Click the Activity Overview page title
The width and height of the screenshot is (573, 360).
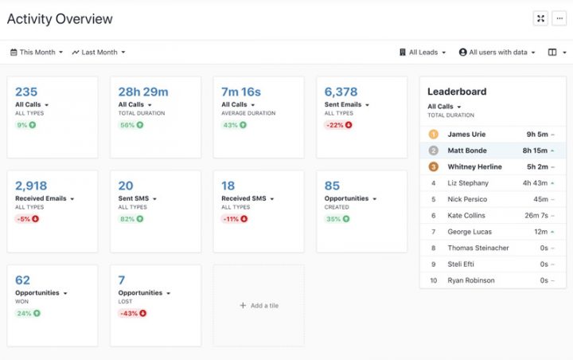point(60,19)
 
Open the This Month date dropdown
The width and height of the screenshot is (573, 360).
point(36,53)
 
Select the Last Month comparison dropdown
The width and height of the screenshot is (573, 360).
point(99,53)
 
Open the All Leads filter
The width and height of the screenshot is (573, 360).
point(423,53)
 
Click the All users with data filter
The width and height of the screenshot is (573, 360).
point(497,53)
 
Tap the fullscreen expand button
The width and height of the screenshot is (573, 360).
point(540,19)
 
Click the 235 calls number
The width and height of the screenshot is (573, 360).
point(26,92)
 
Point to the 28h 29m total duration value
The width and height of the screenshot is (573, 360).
point(143,92)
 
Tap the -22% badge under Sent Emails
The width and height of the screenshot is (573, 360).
point(338,125)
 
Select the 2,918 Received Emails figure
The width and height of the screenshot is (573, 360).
point(32,185)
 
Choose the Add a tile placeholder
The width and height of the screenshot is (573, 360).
point(259,305)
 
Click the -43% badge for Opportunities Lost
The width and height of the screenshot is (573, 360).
point(132,313)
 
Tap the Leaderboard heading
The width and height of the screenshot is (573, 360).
point(457,92)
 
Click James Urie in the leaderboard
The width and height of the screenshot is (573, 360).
point(466,135)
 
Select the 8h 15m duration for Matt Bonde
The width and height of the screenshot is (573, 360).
point(535,151)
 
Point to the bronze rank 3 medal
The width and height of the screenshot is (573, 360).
point(434,166)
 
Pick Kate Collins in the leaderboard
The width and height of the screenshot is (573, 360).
point(467,215)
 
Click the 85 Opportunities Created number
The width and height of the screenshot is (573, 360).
point(332,185)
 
